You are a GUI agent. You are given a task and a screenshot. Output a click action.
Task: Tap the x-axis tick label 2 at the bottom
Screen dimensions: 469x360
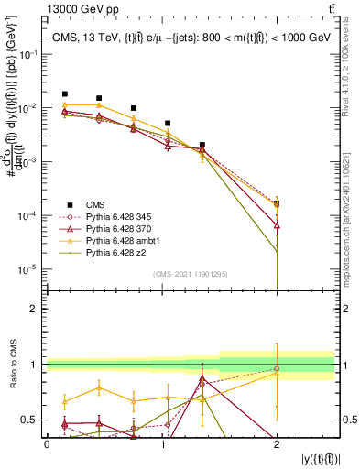pos(277,443)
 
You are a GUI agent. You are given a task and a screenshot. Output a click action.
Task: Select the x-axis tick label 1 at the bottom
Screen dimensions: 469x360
pos(162,443)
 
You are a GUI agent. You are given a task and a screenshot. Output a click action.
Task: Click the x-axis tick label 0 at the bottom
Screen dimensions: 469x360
pos(47,443)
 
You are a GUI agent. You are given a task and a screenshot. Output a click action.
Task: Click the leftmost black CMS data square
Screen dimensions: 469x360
pos(64,93)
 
